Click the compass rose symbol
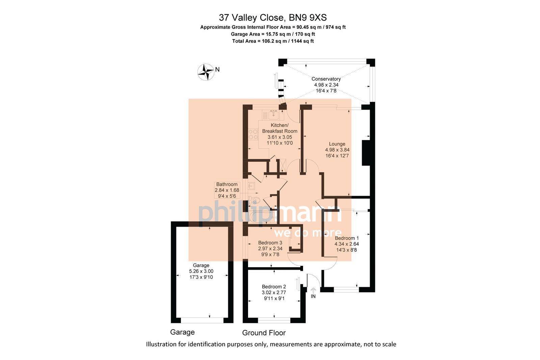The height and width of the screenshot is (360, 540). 205,72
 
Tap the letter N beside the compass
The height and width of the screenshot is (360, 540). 217,70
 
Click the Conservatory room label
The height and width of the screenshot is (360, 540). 326,79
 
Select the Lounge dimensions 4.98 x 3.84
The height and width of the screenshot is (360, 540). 337,150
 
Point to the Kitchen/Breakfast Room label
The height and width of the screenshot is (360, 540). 279,128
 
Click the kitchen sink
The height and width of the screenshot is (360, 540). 274,115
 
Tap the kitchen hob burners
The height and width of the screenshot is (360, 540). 253,134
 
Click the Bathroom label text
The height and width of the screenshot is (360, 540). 227,184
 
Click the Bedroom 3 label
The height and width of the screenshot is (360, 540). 270,243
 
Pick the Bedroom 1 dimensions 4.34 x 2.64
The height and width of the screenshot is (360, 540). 347,244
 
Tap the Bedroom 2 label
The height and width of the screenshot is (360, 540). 274,286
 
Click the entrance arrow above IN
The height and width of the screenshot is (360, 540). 313,290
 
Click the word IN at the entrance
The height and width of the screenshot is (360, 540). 313,296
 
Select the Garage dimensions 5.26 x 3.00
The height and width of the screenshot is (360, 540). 201,271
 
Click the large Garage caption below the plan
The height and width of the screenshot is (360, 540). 182,332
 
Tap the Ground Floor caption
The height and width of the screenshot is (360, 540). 264,333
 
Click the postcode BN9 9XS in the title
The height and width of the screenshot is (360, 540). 308,18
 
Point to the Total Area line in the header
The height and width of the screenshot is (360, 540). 273,41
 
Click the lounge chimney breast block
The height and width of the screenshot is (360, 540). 366,153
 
